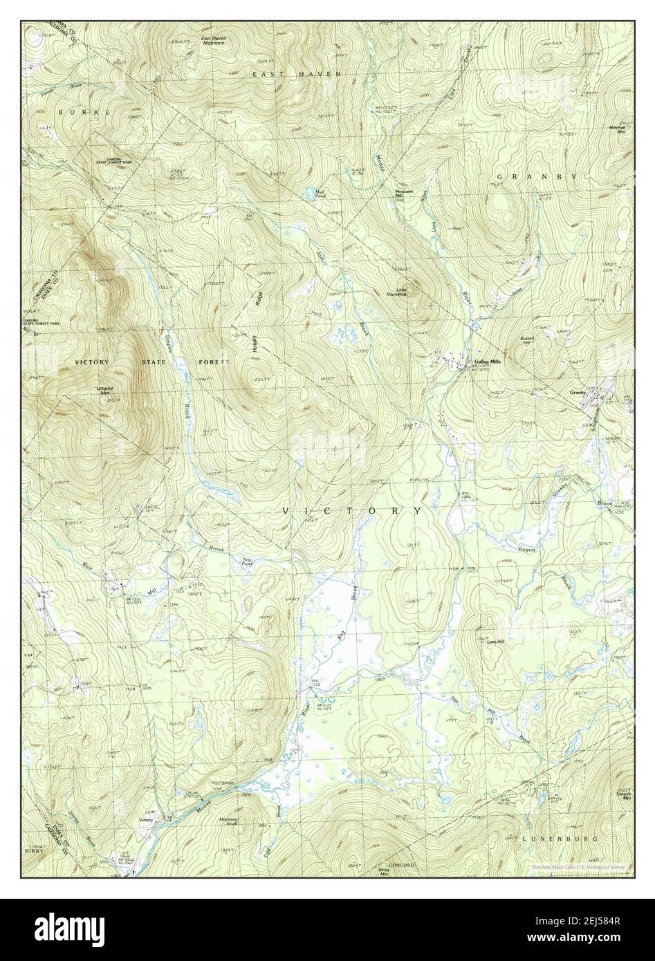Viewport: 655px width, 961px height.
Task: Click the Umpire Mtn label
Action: (x=105, y=391)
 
